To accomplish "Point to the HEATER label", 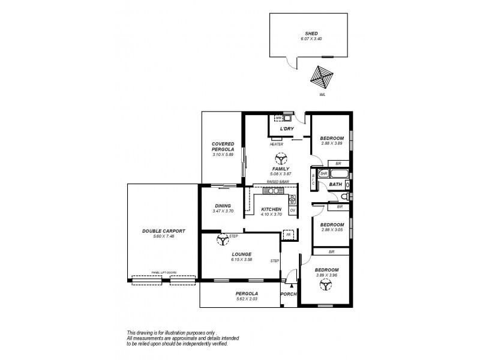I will coord(277,145).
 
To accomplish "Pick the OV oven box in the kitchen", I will coord(292,210).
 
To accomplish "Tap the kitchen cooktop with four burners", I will coord(292,199).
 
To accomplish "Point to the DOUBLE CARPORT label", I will coord(163,231).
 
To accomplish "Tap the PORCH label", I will coord(289,295).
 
